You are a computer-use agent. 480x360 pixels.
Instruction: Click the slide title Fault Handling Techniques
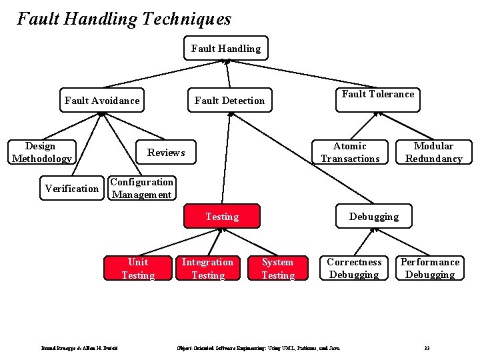click(x=124, y=19)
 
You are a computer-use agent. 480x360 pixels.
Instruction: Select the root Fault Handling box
click(x=226, y=49)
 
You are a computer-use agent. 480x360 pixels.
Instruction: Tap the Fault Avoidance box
click(x=102, y=101)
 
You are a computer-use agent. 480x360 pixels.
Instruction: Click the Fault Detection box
click(x=229, y=101)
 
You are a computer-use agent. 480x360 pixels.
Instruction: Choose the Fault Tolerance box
click(x=378, y=95)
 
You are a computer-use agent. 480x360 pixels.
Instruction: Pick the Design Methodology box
click(x=41, y=152)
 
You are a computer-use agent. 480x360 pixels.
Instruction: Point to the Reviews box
click(x=166, y=153)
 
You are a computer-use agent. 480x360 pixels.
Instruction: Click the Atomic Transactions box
click(x=350, y=152)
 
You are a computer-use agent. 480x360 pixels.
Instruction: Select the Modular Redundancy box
click(x=433, y=152)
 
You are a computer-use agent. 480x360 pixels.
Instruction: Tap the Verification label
click(x=71, y=189)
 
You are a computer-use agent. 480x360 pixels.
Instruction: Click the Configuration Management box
click(x=141, y=188)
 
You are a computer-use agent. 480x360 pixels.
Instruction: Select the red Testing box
click(x=222, y=217)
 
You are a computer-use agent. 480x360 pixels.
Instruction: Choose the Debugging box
click(x=374, y=217)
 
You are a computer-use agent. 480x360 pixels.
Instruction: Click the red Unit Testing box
click(x=138, y=268)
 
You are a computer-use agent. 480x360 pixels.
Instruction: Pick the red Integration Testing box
click(x=207, y=268)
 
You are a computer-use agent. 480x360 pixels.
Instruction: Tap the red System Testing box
click(x=277, y=268)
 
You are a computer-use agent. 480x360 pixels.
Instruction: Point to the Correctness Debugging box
click(x=354, y=268)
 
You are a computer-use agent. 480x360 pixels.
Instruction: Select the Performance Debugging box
click(x=430, y=268)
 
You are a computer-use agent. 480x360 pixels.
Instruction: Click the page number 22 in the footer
click(x=427, y=348)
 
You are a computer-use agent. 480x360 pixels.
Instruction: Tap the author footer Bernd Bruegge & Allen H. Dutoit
click(x=80, y=348)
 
